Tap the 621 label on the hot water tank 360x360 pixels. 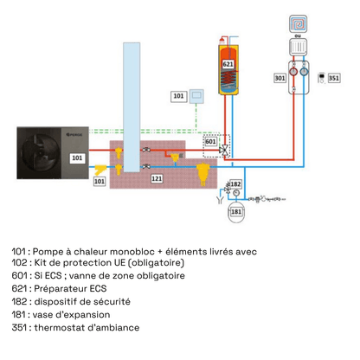(x=228, y=64)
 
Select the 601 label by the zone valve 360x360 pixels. (x=210, y=143)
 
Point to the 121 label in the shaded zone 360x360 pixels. (x=157, y=177)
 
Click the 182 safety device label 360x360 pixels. (x=235, y=184)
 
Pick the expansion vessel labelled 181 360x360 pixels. (x=235, y=209)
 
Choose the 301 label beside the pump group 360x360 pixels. (x=280, y=78)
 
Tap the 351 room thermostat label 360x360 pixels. (x=334, y=78)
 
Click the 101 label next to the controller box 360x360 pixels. (x=178, y=95)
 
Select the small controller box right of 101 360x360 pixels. (x=197, y=94)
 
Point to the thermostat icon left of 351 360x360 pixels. (x=321, y=77)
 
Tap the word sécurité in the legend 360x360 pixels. (x=112, y=302)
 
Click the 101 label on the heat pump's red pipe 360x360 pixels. (x=76, y=158)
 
